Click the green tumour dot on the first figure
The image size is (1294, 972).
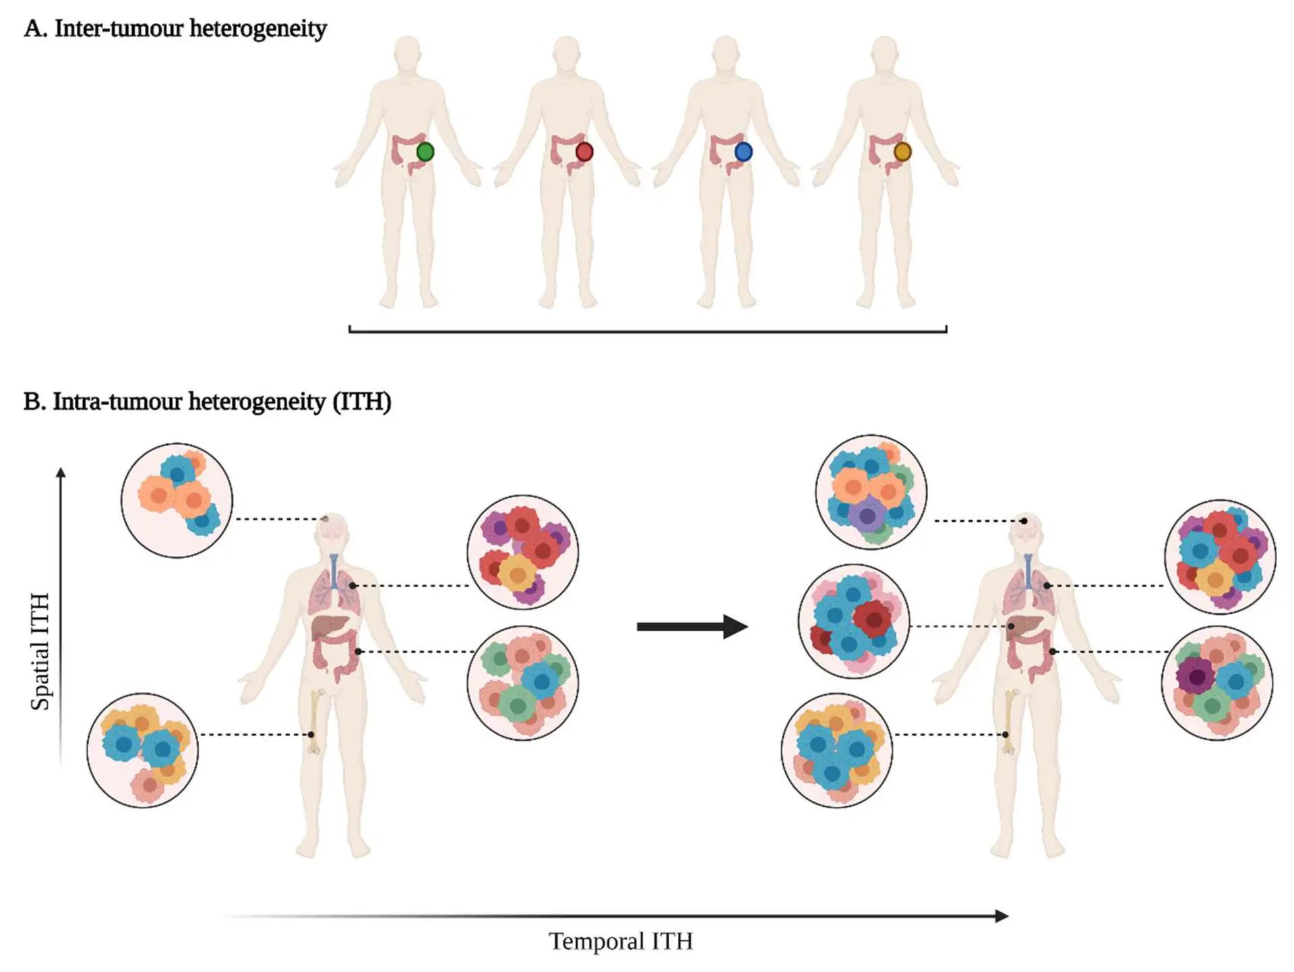pyautogui.click(x=425, y=152)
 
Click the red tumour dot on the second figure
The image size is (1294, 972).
pyautogui.click(x=584, y=152)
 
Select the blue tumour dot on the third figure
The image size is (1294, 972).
pyautogui.click(x=743, y=152)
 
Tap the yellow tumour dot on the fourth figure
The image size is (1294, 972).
pyautogui.click(x=902, y=152)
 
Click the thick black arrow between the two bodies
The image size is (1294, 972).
pyautogui.click(x=691, y=626)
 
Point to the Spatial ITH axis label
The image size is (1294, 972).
pyautogui.click(x=40, y=651)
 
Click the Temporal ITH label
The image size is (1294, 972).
pyautogui.click(x=620, y=941)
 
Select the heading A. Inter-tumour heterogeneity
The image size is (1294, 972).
pyautogui.click(x=175, y=28)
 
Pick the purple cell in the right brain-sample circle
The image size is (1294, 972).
pyautogui.click(x=867, y=516)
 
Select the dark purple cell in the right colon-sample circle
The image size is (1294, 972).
pyautogui.click(x=1196, y=677)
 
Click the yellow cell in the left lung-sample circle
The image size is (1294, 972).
pyautogui.click(x=518, y=575)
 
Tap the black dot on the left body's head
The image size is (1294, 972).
pyautogui.click(x=326, y=518)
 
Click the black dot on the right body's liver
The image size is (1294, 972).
pyautogui.click(x=1011, y=627)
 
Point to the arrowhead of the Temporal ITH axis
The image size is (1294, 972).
pyautogui.click(x=1002, y=915)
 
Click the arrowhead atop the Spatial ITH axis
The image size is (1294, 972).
pyautogui.click(x=61, y=473)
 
